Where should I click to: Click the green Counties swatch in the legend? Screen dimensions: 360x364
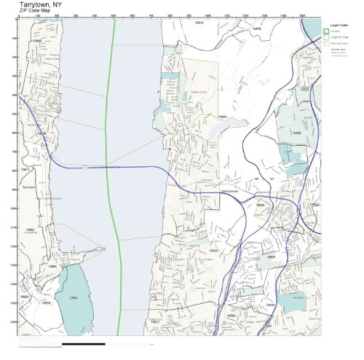click(326, 31)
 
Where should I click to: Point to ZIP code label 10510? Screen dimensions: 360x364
click(198, 23)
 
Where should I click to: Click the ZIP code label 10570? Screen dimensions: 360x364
click(256, 28)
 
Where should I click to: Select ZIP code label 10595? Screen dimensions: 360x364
click(296, 133)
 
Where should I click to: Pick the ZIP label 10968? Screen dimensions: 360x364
click(52, 267)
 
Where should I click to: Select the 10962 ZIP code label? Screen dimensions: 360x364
click(31, 230)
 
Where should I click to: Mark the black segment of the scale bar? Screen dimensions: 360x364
click(84, 343)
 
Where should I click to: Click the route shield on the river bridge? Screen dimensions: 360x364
click(85, 166)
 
